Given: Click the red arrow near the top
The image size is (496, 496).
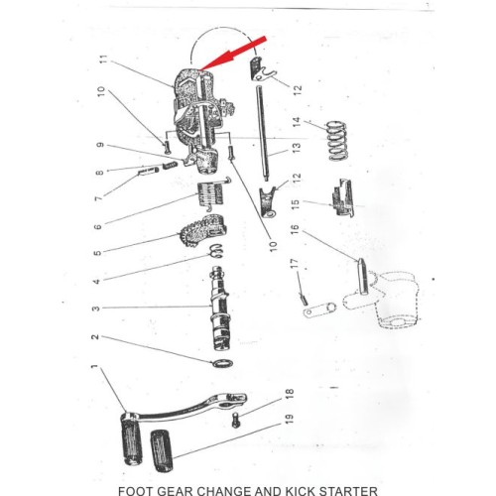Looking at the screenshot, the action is (233, 54).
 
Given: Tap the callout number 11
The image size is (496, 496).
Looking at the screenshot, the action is (103, 61).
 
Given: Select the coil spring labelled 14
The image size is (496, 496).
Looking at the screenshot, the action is (336, 141).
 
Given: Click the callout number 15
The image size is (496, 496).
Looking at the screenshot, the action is (296, 203).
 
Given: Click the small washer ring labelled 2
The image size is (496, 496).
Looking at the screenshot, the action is (222, 363).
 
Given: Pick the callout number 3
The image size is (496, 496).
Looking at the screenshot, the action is (95, 309).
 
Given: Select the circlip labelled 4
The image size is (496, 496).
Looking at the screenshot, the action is (216, 251).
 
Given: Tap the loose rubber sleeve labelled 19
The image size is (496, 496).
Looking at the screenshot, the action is (162, 450).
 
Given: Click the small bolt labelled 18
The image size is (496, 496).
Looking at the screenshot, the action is (236, 420).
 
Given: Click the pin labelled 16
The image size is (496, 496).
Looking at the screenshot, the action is (363, 277).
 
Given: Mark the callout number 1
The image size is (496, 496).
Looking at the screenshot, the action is (94, 367).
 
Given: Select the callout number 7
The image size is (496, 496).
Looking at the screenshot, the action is (99, 198).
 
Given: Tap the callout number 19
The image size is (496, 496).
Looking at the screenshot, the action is (290, 420).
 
